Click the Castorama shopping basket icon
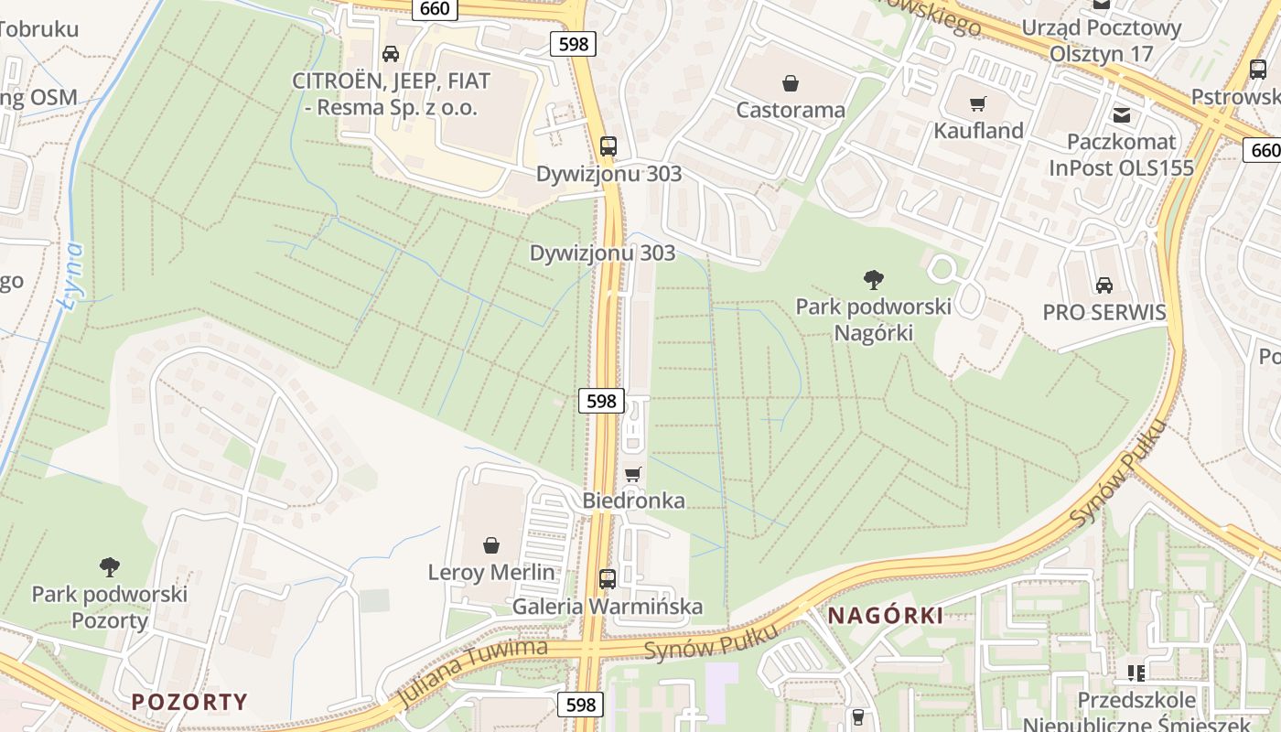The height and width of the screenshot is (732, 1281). tap(791, 83)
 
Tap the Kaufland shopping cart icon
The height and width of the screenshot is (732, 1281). tap(978, 104)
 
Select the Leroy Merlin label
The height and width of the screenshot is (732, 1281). tap(491, 573)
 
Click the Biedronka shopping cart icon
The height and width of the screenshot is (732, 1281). tap(632, 474)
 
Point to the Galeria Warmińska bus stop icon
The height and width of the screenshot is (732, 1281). tap(608, 578)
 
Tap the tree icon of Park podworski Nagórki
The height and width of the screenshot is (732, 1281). tap(873, 279)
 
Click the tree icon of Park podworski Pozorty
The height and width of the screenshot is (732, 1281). tap(110, 566)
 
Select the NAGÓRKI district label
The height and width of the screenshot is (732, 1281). tap(885, 616)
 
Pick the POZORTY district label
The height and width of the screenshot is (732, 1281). tap(189, 702)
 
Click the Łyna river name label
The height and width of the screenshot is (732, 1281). tap(72, 274)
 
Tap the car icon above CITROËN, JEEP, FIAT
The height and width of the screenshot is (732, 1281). tap(391, 54)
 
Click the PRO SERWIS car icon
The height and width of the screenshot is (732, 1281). tap(1104, 285)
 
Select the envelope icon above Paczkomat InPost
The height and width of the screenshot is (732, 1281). tap(1121, 115)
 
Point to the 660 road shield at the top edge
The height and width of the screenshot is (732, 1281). tap(436, 8)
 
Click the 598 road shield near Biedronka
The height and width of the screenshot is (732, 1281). tap(601, 401)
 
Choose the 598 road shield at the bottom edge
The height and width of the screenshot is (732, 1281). tap(580, 704)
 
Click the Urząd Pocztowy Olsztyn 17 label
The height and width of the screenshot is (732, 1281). tap(1102, 40)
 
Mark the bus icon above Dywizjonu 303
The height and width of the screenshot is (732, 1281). tap(608, 145)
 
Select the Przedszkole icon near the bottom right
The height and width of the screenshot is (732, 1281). tap(1136, 673)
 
